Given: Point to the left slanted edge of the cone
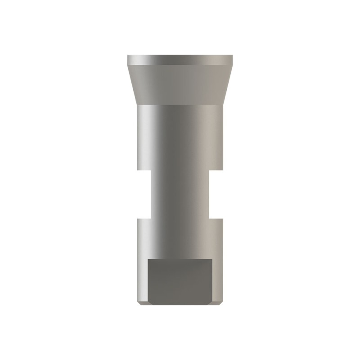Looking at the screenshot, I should click(132, 85).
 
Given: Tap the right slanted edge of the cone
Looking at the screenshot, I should click(228, 85).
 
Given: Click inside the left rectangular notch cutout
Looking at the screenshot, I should click(144, 194).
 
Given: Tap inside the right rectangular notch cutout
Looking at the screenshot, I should click(216, 194).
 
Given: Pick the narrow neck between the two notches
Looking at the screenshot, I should click(180, 194).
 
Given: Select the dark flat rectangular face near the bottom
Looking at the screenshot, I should click(180, 281).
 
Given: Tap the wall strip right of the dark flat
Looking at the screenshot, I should click(217, 281).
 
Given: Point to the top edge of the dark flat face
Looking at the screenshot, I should click(180, 260).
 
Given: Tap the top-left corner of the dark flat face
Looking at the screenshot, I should click(148, 260).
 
